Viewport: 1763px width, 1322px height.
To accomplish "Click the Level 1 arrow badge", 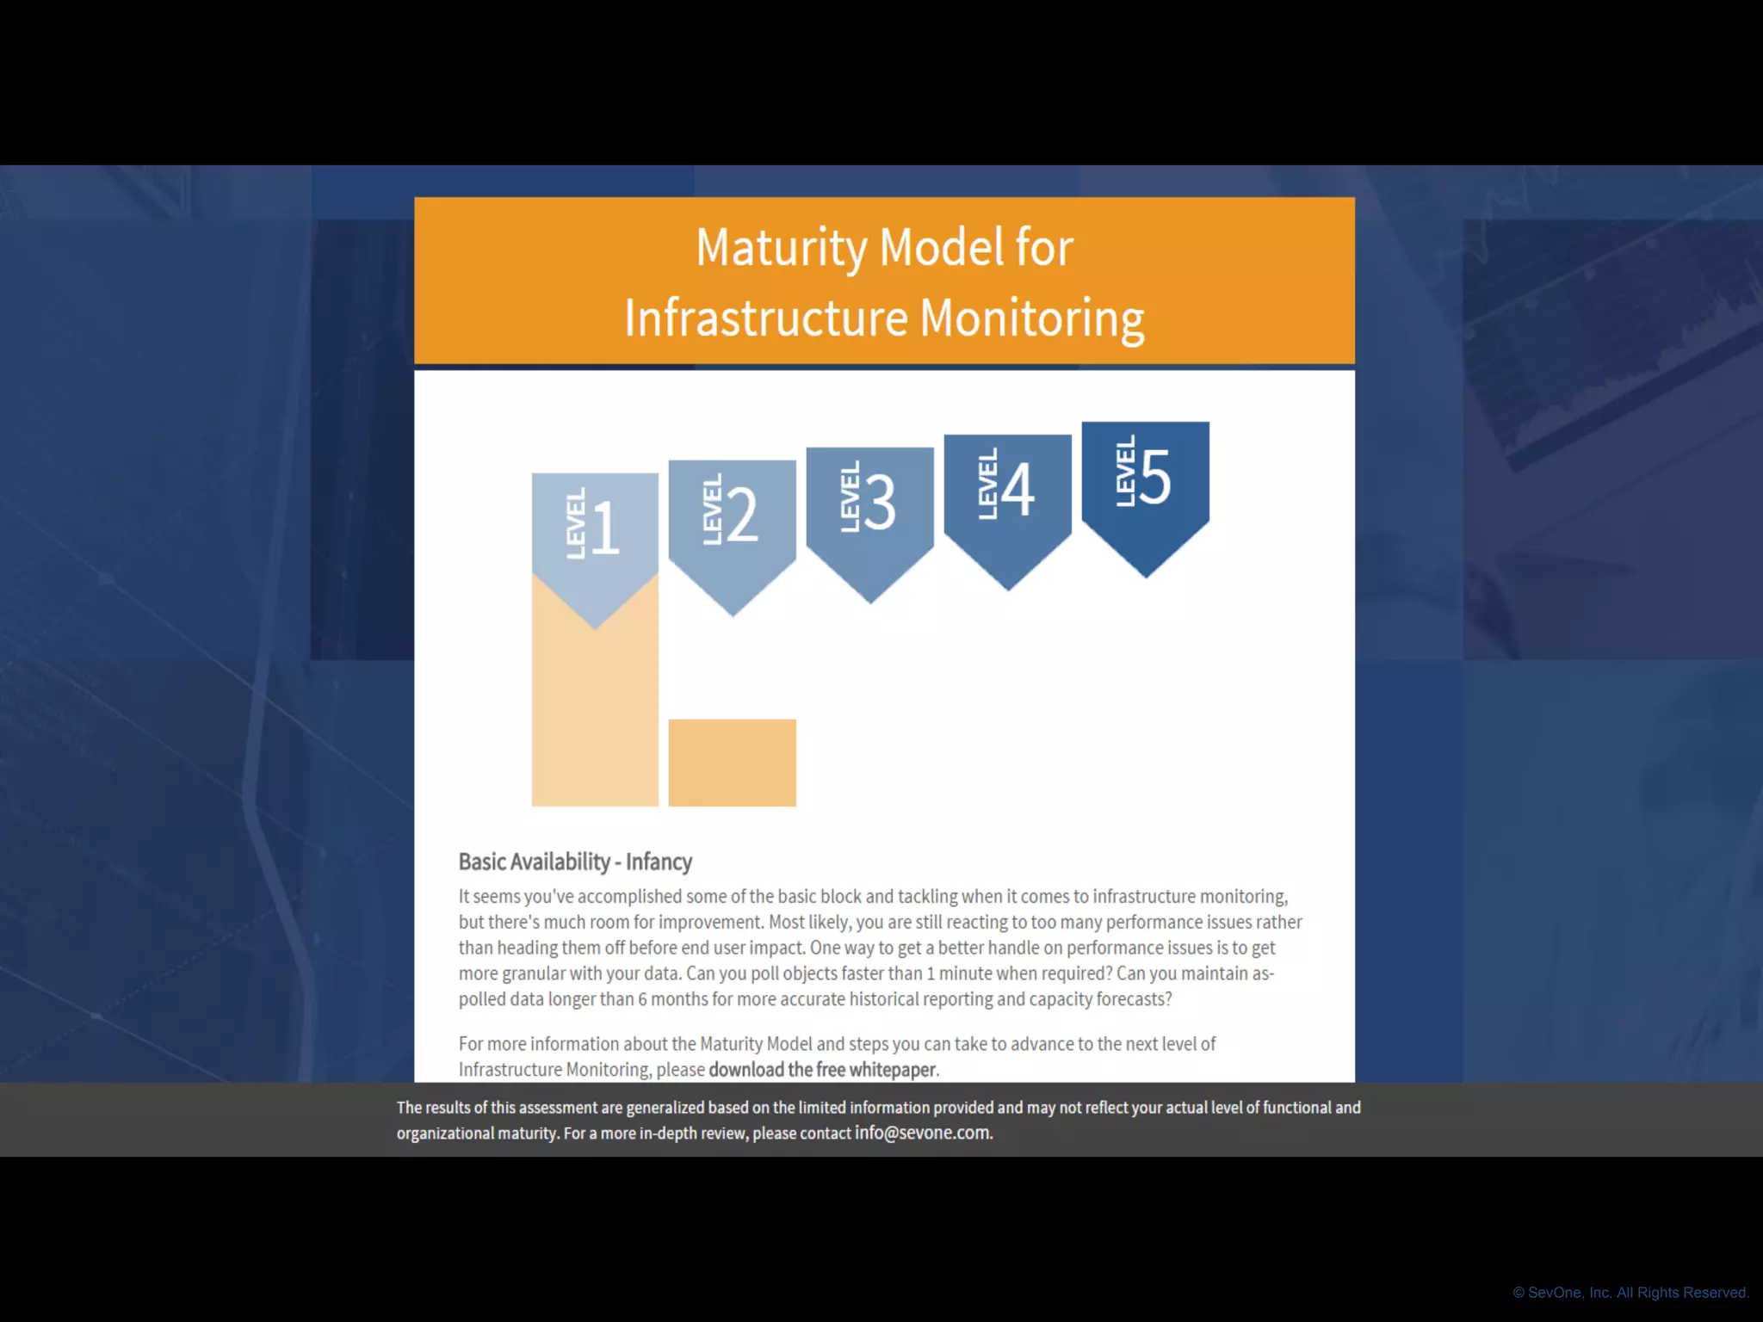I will (x=595, y=534).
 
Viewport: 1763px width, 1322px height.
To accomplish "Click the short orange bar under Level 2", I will (x=732, y=763).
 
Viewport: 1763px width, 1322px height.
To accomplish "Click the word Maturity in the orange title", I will (x=781, y=248).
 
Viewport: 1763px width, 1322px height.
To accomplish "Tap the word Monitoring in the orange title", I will (x=1032, y=318).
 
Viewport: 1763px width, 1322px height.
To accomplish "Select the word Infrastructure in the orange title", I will (x=766, y=318).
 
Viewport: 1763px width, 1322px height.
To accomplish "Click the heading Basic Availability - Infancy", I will (x=575, y=862).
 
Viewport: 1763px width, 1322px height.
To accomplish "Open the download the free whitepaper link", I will (x=822, y=1070).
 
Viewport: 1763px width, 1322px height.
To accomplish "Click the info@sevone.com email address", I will (x=922, y=1134).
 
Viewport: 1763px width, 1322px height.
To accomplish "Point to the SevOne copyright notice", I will (x=1630, y=1293).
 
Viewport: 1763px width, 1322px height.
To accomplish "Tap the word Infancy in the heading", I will (x=659, y=862).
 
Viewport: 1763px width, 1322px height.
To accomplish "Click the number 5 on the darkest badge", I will (x=1155, y=477).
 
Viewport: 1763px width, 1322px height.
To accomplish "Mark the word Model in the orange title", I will (x=942, y=248).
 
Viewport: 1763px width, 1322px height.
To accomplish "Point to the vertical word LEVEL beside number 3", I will (x=850, y=497).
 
